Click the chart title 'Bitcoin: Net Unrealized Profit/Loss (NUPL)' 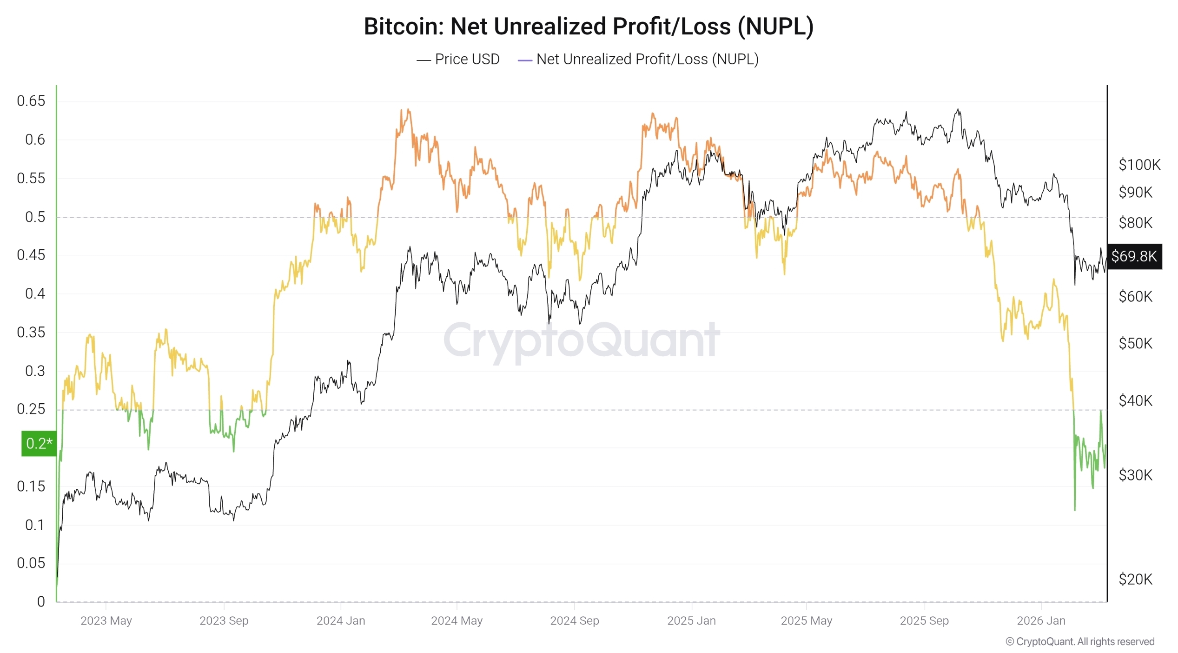click(x=589, y=27)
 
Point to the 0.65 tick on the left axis click(x=31, y=101)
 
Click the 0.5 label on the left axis click(x=35, y=217)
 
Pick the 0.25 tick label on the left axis click(x=31, y=409)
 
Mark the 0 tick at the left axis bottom click(x=41, y=601)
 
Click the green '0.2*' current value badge click(x=39, y=443)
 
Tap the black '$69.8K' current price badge click(x=1134, y=256)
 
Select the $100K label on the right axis click(x=1139, y=165)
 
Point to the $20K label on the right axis click(x=1135, y=579)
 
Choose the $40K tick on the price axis click(x=1135, y=400)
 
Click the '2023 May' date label click(x=106, y=620)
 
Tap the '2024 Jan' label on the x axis click(x=341, y=620)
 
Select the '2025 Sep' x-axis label click(x=924, y=620)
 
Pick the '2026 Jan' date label click(x=1041, y=620)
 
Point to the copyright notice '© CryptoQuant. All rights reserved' click(x=1079, y=641)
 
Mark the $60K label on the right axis click(x=1135, y=296)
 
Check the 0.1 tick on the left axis click(x=35, y=525)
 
